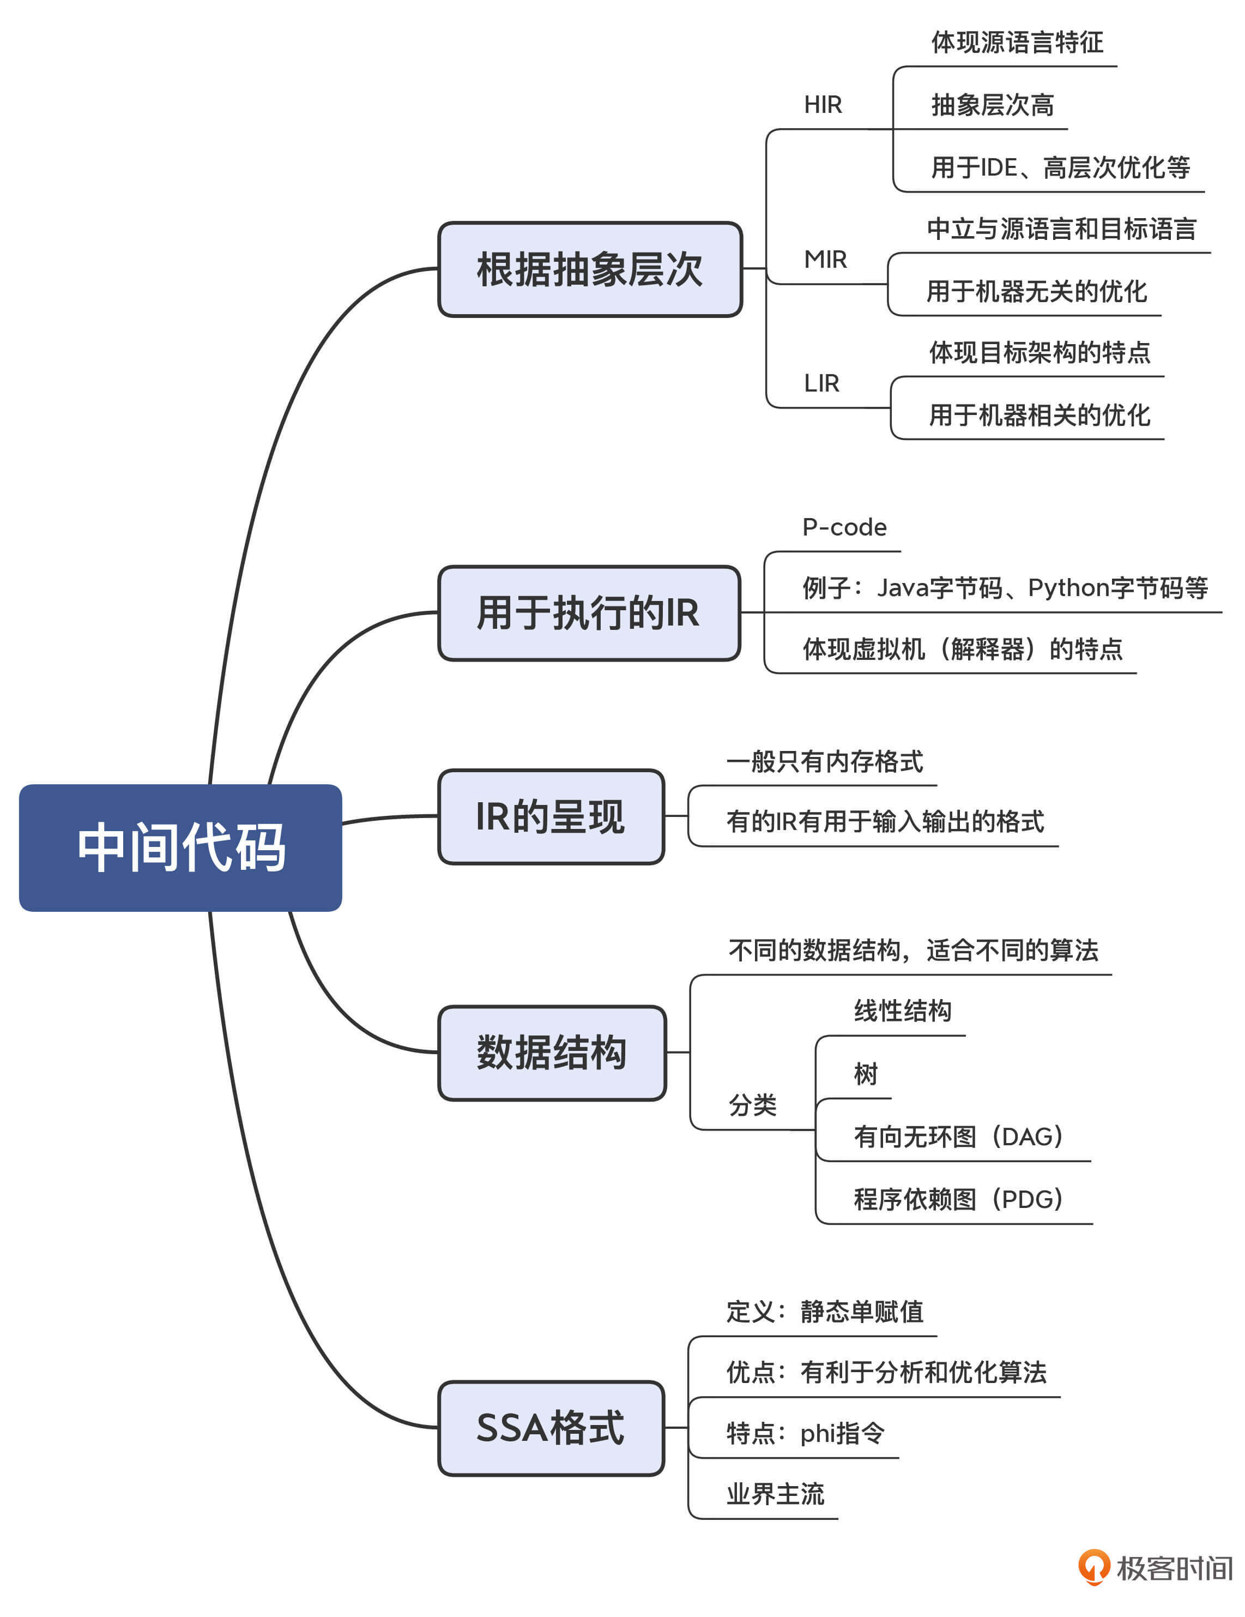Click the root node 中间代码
(180, 847)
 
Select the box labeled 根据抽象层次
(589, 269)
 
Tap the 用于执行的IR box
(589, 613)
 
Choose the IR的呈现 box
(551, 816)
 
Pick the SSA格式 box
(551, 1427)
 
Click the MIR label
(825, 259)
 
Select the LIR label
(821, 383)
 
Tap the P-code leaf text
(844, 527)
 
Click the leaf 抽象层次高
(992, 105)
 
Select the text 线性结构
(902, 1011)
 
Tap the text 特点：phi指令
(805, 1433)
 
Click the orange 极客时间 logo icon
(1093, 1567)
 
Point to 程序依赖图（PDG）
(958, 1199)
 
